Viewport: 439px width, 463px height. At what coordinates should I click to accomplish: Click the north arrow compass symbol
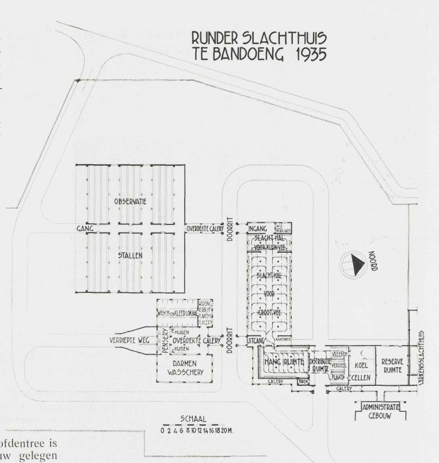point(354,265)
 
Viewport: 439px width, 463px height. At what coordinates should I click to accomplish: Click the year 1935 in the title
point(305,54)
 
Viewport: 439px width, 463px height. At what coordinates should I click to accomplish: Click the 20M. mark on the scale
point(228,430)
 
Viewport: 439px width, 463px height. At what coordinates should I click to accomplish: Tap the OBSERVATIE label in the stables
point(131,202)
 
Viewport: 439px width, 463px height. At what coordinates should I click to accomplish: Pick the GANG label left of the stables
point(85,229)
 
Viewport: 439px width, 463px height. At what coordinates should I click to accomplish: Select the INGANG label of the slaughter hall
point(258,229)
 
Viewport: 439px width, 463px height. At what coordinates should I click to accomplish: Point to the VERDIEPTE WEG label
point(129,340)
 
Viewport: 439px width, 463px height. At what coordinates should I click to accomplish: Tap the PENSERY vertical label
point(165,340)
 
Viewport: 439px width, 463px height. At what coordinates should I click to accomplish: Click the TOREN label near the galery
point(304,382)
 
